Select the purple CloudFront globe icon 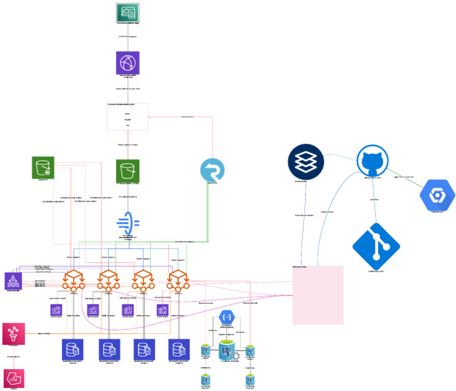[x=127, y=62]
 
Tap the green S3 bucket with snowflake [x=43, y=168]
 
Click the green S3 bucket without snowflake [x=127, y=171]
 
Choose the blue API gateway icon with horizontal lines [x=128, y=224]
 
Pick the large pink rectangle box [x=318, y=295]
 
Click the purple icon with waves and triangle [x=13, y=281]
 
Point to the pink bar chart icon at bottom [x=13, y=378]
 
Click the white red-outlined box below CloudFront [x=127, y=117]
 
